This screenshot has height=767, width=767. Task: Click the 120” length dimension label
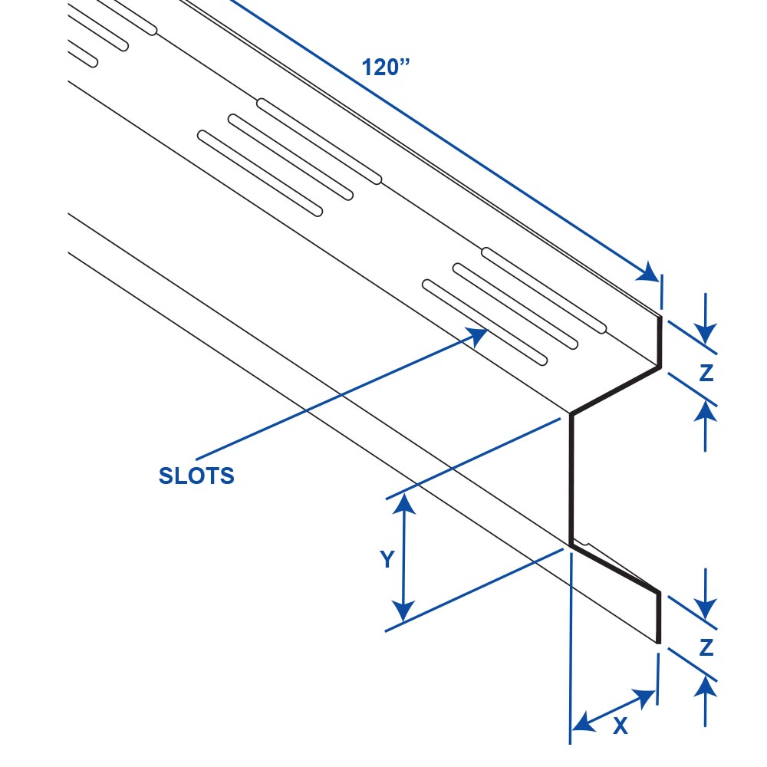click(x=387, y=67)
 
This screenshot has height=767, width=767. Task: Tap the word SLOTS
click(x=196, y=476)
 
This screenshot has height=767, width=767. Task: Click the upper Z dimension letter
click(x=706, y=373)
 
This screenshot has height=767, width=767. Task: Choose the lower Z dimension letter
click(x=706, y=648)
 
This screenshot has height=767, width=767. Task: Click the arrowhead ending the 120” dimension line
click(x=650, y=272)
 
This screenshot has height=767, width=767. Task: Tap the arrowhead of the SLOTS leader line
click(x=479, y=335)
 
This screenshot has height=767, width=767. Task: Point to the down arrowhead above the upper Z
click(x=706, y=333)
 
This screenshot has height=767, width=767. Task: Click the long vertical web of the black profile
click(x=571, y=479)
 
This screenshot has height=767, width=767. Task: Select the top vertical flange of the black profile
click(x=660, y=341)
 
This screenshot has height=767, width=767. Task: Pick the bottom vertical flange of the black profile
click(x=658, y=617)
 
